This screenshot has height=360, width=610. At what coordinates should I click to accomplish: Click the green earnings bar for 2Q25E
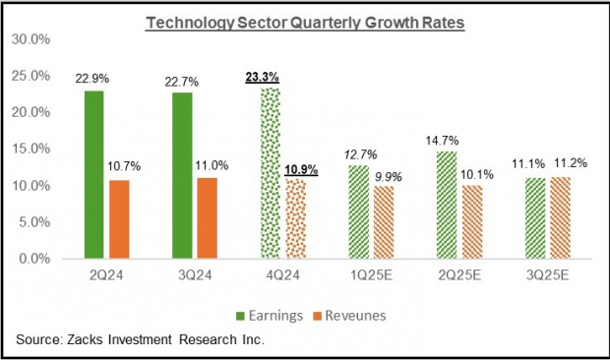[x=446, y=206]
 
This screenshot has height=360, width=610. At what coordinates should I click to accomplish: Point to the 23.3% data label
[x=263, y=76]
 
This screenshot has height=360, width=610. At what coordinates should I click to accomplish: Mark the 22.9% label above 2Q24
[x=91, y=78]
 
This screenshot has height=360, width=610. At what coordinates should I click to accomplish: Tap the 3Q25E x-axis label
[x=549, y=276]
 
